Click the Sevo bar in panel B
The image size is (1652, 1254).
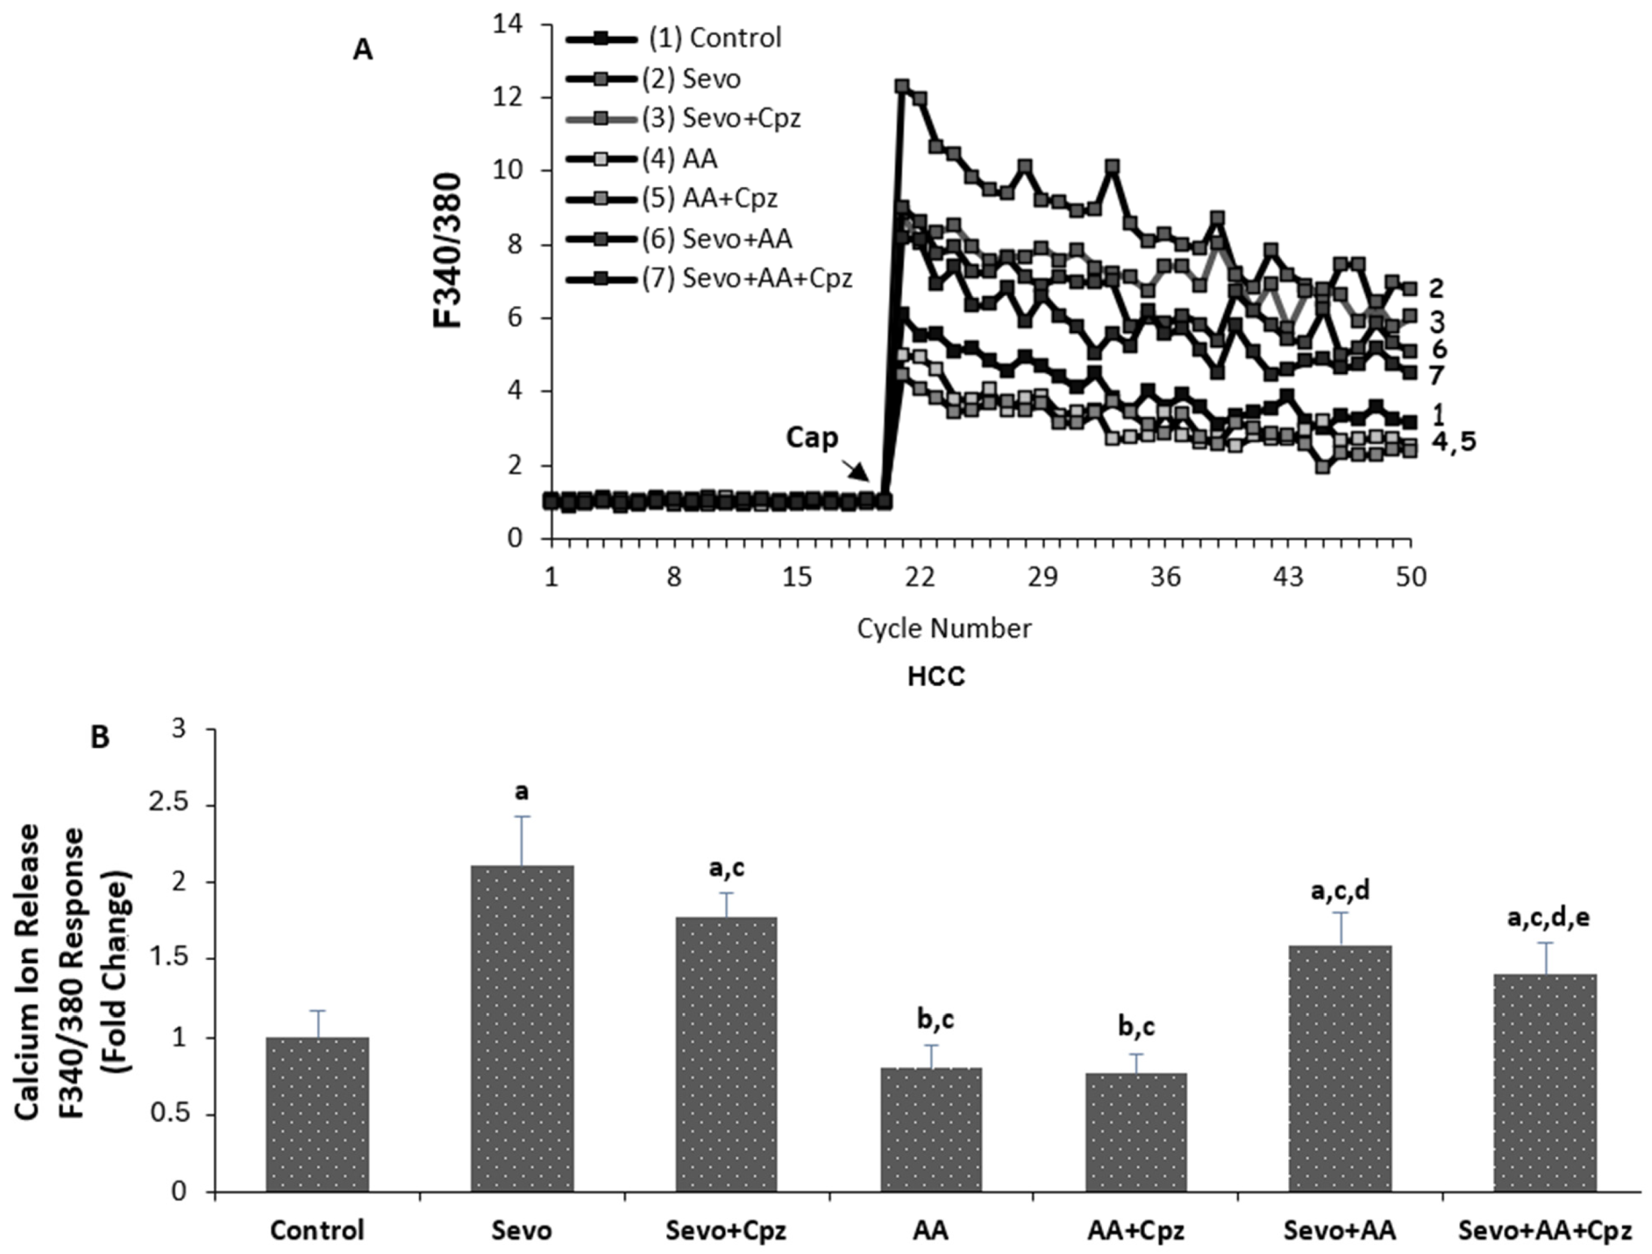tap(522, 1029)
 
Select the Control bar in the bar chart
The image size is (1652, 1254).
tap(317, 1114)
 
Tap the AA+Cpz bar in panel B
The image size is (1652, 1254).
tap(1137, 1132)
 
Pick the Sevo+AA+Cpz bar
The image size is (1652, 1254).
tap(1545, 1083)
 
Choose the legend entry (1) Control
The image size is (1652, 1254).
tap(674, 38)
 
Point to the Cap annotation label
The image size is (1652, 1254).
tap(812, 438)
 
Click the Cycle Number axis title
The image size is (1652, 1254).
tap(944, 628)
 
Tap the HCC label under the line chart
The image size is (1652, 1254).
tap(936, 676)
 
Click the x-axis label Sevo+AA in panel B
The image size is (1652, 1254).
tap(1341, 1230)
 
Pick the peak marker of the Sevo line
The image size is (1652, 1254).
tap(902, 86)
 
